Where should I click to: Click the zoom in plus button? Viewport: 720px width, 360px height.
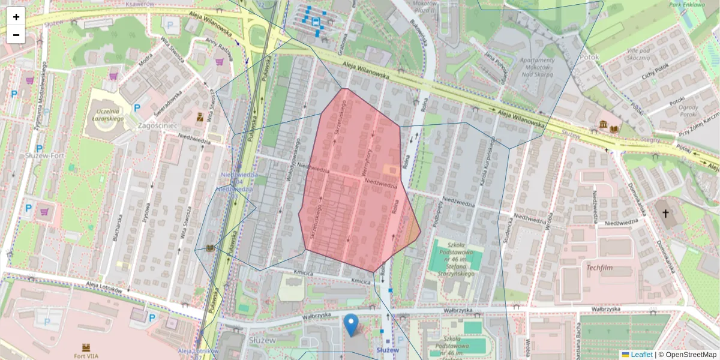point(16,16)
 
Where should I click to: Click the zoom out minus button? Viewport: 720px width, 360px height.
point(16,35)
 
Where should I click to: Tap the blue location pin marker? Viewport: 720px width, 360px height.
point(352,325)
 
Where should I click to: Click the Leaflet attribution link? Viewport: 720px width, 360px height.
point(641,355)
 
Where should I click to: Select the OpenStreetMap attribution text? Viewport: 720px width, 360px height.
point(691,355)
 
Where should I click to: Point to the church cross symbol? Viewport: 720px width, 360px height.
point(664,212)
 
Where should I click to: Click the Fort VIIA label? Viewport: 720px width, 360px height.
point(86,355)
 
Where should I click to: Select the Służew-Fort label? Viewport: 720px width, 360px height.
point(40,155)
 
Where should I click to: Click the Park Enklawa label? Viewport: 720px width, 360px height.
point(688,4)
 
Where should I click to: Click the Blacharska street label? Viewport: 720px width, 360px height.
point(115,228)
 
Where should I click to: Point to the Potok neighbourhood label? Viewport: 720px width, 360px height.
point(590,57)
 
